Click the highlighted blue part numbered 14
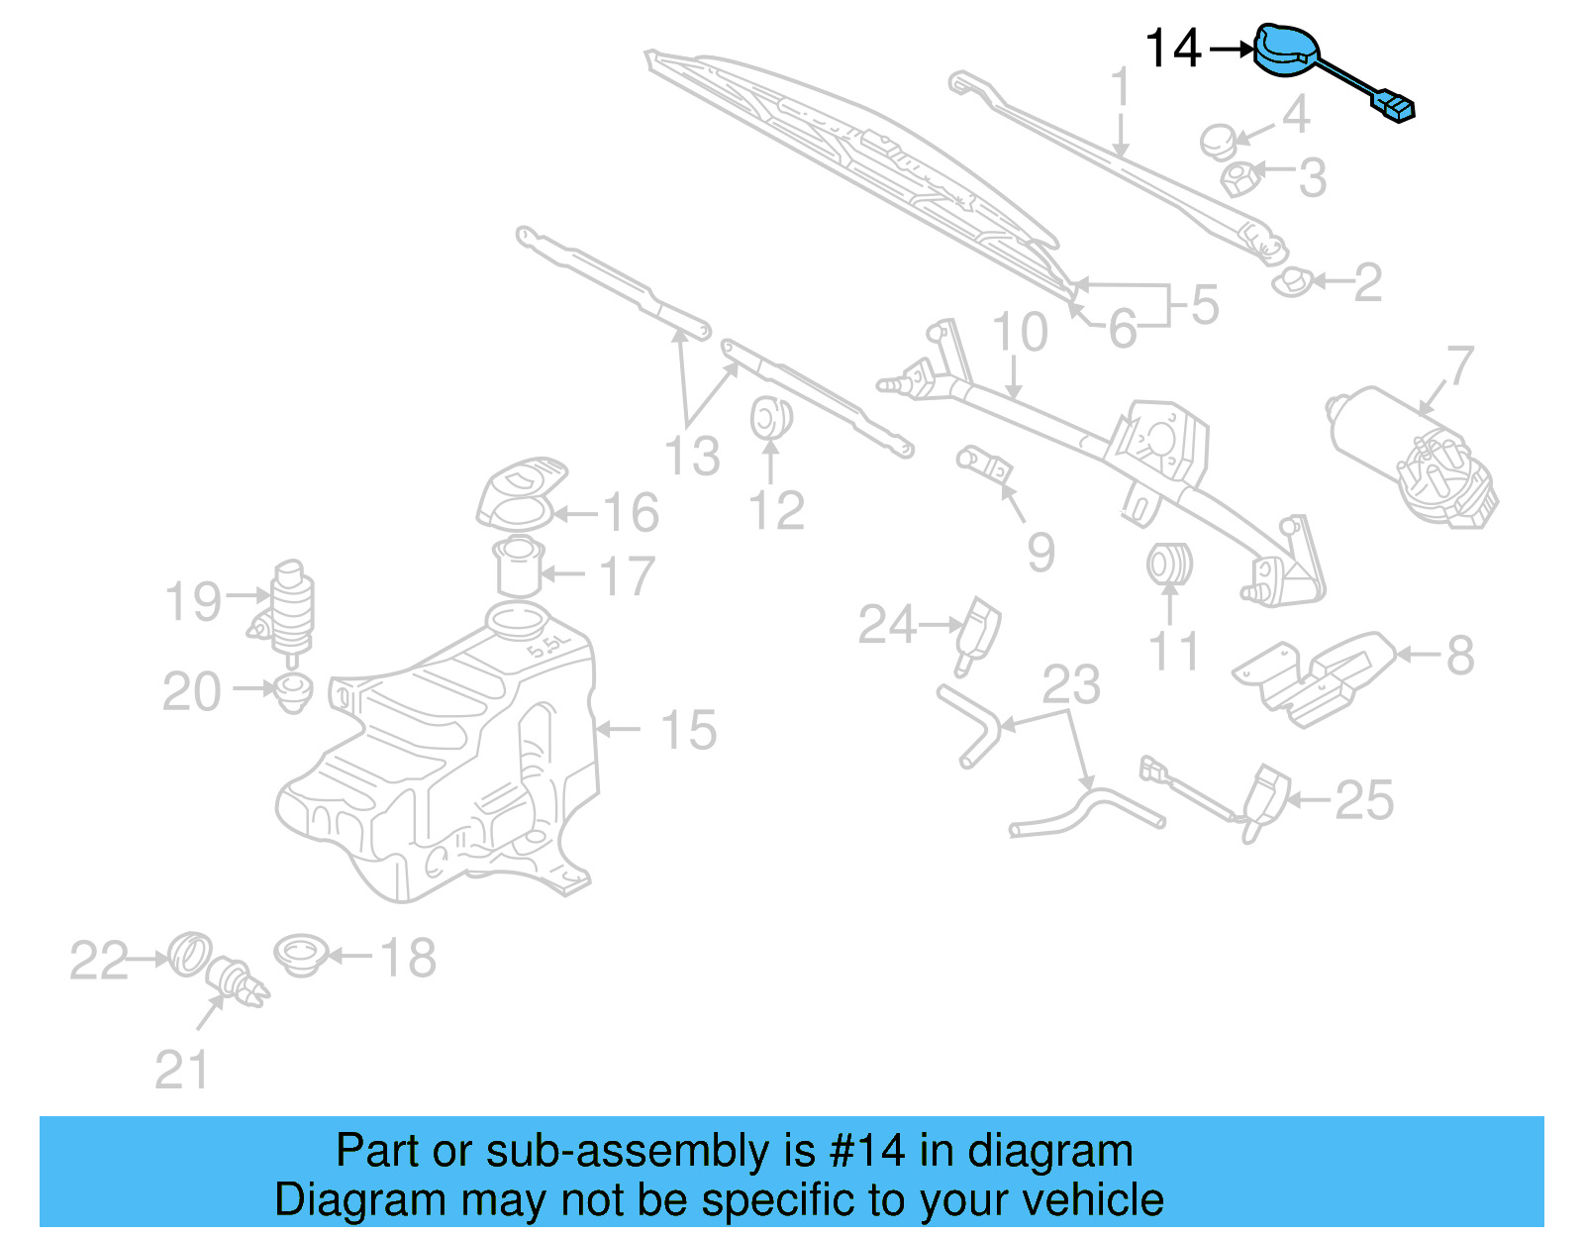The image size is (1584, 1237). coord(1288,50)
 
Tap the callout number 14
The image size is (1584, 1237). coord(1172,49)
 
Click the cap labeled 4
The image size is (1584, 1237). coord(1219,141)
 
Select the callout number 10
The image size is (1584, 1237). coord(1020,332)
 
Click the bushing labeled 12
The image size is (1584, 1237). coord(769,418)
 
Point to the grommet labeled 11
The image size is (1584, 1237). coord(1169,565)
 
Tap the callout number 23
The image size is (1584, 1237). coord(1071,684)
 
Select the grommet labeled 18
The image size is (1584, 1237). coord(300,955)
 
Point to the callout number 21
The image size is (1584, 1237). coord(182,1071)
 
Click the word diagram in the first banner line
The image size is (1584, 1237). coord(1049,1151)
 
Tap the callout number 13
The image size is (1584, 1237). coord(692,457)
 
